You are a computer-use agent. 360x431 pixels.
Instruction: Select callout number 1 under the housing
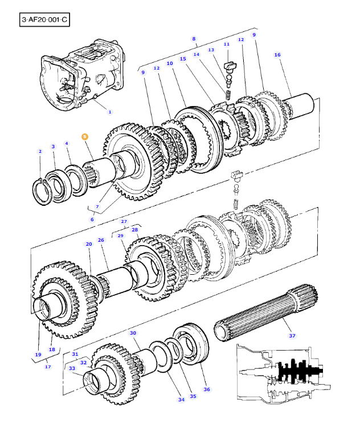coord(110,112)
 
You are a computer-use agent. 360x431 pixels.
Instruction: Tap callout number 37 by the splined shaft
coord(292,336)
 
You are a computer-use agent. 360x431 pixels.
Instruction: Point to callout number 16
coord(277,55)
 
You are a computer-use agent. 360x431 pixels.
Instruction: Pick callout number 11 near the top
coord(227,44)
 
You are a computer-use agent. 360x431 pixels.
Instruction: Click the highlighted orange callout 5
coord(84,137)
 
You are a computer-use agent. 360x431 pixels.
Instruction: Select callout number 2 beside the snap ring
coord(40,151)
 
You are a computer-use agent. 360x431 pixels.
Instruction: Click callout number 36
coord(207,389)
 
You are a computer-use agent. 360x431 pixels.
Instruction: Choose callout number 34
coord(181,400)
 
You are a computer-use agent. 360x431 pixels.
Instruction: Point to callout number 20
coord(89,244)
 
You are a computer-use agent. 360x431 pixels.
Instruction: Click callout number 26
coord(101,240)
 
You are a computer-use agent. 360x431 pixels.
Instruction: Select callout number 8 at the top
coord(194,39)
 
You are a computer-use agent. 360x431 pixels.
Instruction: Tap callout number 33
coord(72,368)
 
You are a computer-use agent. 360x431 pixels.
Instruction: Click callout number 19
coord(38,355)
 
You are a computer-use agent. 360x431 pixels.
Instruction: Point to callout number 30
coord(133,332)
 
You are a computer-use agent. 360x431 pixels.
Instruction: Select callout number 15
coord(183,59)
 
